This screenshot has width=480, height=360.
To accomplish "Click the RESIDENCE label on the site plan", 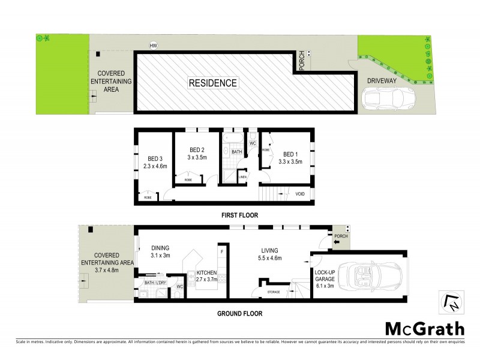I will point(213,83).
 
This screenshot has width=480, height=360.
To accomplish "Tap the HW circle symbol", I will point(154,45).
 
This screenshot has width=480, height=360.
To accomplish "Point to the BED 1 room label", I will point(290,154).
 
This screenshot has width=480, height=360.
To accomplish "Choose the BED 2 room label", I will point(197,150).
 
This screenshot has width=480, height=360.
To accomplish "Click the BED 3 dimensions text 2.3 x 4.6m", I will point(155,167).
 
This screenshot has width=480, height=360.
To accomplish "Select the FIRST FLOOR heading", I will point(238,215).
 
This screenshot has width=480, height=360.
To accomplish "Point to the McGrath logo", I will point(424,328).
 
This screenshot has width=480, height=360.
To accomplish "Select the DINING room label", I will point(160,248).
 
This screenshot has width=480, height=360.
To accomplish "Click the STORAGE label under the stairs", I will point(272,292).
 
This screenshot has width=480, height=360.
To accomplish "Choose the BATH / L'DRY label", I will point(155,282).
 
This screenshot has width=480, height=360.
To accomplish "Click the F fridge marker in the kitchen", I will point(222,251).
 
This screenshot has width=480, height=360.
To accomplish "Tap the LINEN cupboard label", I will point(242,176).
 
